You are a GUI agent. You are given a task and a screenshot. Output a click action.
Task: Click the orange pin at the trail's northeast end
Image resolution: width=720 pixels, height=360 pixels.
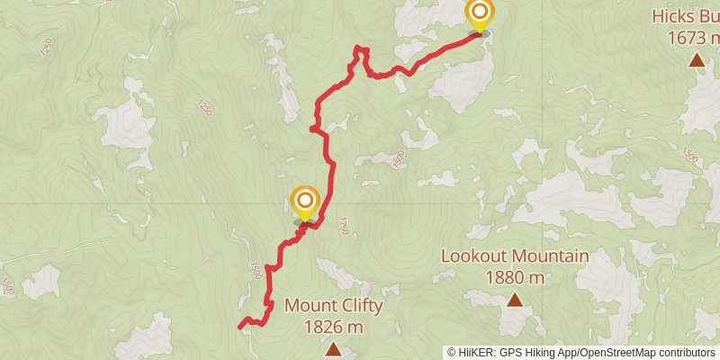pos(480,13)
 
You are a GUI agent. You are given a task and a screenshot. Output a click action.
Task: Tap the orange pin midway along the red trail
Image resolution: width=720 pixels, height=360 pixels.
pos(305,200)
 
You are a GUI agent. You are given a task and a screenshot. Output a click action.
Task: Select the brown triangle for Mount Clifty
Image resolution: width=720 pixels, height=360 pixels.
pos(333,349)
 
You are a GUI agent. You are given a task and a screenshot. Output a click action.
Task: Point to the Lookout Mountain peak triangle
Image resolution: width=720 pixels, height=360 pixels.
pos(515,300)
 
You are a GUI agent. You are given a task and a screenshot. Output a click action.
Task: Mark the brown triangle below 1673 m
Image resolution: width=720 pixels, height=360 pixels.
pos(697,60)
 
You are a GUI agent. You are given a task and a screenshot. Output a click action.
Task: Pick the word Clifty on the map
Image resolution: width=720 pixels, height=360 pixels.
pos(361,305)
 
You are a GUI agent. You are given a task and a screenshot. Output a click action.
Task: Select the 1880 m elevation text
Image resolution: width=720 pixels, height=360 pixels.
pos(515,278)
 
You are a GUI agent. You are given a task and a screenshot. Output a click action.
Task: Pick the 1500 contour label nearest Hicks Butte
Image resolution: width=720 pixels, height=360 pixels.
pos(690,155)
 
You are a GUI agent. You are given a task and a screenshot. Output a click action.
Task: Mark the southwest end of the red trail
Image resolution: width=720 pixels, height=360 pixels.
pos(240,326)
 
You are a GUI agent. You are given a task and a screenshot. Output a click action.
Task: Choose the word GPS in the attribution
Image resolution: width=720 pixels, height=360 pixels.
pos(510,352)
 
